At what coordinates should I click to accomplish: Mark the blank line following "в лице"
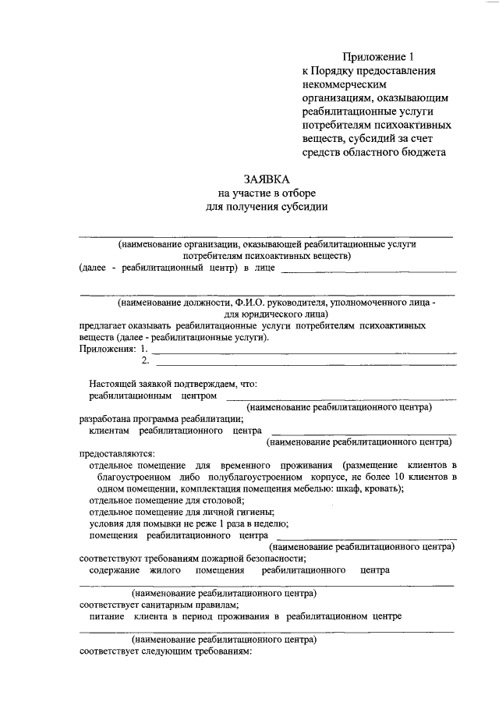[367, 271]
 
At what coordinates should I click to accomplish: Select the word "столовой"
[223, 500]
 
